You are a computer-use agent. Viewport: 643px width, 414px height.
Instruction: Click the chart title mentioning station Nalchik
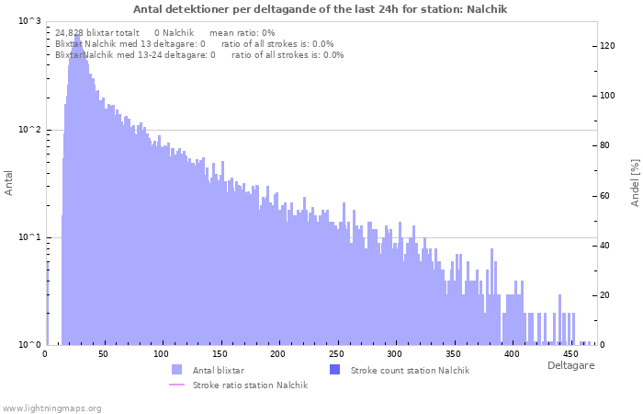point(320,9)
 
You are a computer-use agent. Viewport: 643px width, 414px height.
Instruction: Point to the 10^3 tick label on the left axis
point(30,20)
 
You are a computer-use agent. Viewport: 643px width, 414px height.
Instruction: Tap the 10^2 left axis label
point(30,130)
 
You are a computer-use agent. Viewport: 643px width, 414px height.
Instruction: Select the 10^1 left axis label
point(30,237)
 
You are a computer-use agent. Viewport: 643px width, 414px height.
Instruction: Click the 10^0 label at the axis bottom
point(30,345)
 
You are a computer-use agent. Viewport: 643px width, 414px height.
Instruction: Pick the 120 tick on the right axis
point(608,46)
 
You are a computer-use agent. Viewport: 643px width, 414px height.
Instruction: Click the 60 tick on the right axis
point(605,195)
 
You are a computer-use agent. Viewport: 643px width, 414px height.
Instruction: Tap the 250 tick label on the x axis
point(337,354)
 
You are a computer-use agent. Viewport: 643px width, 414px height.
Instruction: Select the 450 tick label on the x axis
point(570,354)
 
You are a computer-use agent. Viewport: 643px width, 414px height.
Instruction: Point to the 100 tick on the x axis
point(161,354)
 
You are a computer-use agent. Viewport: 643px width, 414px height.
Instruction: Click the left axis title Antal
point(8,183)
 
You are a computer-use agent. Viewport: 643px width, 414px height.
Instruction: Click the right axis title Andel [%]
point(635,183)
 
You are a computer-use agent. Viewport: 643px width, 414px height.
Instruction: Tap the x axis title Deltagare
point(570,365)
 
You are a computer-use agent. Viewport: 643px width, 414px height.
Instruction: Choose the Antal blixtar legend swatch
point(176,370)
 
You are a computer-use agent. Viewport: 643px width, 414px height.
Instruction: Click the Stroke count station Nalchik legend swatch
point(334,370)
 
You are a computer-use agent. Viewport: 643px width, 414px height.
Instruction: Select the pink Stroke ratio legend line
point(176,385)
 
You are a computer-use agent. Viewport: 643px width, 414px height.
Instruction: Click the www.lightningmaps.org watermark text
point(51,408)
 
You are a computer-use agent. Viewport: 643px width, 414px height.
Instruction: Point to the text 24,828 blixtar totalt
point(97,33)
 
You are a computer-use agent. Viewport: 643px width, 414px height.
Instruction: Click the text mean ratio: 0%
point(242,33)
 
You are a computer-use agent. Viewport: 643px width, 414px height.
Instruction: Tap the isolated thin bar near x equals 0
point(47,303)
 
